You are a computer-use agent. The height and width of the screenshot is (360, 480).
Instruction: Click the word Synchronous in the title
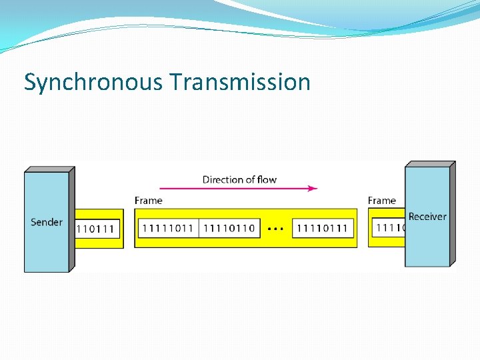(x=93, y=83)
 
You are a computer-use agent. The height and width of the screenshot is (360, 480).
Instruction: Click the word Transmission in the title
(x=240, y=83)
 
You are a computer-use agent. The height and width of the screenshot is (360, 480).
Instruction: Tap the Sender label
(x=47, y=222)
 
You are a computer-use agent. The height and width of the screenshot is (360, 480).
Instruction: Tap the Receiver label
(x=427, y=217)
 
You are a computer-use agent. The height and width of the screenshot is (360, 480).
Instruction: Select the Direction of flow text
(x=239, y=179)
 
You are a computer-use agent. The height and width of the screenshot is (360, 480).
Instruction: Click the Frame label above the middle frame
(x=148, y=200)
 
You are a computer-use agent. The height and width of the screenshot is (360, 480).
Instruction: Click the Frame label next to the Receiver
(x=381, y=200)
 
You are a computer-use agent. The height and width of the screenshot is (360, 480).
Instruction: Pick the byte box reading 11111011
(x=168, y=229)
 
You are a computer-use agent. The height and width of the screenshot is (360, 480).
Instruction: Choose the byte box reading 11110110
(x=229, y=229)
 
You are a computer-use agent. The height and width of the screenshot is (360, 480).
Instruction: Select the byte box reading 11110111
(x=323, y=229)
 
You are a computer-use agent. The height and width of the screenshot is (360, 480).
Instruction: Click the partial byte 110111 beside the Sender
(x=97, y=229)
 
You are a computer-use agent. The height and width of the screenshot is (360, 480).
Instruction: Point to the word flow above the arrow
(x=266, y=179)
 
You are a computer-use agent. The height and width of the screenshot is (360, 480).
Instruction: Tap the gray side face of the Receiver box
(x=453, y=213)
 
